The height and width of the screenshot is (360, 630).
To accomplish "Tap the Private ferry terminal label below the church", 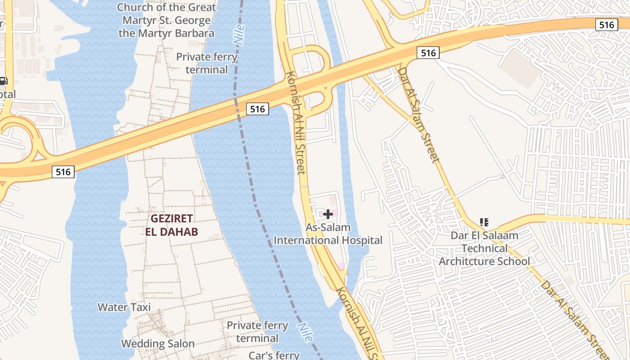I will click(x=207, y=63).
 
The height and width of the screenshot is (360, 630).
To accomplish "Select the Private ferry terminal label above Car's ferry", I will click(x=257, y=332).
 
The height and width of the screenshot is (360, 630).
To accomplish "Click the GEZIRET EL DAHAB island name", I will click(x=171, y=225).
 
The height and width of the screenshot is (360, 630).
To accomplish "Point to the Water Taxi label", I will click(x=124, y=307).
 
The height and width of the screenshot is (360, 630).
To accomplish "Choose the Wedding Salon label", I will click(x=157, y=344).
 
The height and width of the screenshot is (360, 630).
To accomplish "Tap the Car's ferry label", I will click(x=274, y=355).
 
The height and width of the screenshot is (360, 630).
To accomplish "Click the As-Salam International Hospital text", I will click(x=328, y=234).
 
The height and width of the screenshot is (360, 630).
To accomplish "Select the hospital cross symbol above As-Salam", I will click(x=328, y=214).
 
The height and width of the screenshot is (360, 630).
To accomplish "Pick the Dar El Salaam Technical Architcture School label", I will click(x=484, y=248).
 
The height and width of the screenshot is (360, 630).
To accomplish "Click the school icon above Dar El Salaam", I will click(x=484, y=222).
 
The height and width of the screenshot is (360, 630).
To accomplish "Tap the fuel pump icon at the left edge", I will click(x=3, y=81).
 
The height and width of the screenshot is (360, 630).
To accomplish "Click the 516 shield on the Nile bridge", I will click(x=257, y=108).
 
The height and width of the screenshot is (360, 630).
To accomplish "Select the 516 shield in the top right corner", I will click(x=606, y=25).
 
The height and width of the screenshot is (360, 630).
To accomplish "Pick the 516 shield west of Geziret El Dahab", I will click(x=63, y=171).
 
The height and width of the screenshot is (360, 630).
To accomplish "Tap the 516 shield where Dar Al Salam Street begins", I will click(x=427, y=53).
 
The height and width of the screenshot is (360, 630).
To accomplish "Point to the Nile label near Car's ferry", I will click(x=304, y=332).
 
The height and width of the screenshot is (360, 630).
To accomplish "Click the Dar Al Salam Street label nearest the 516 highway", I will click(x=418, y=115).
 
